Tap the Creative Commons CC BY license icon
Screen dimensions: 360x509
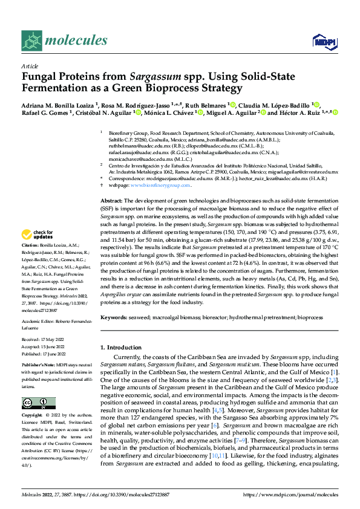pos(34,403)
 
